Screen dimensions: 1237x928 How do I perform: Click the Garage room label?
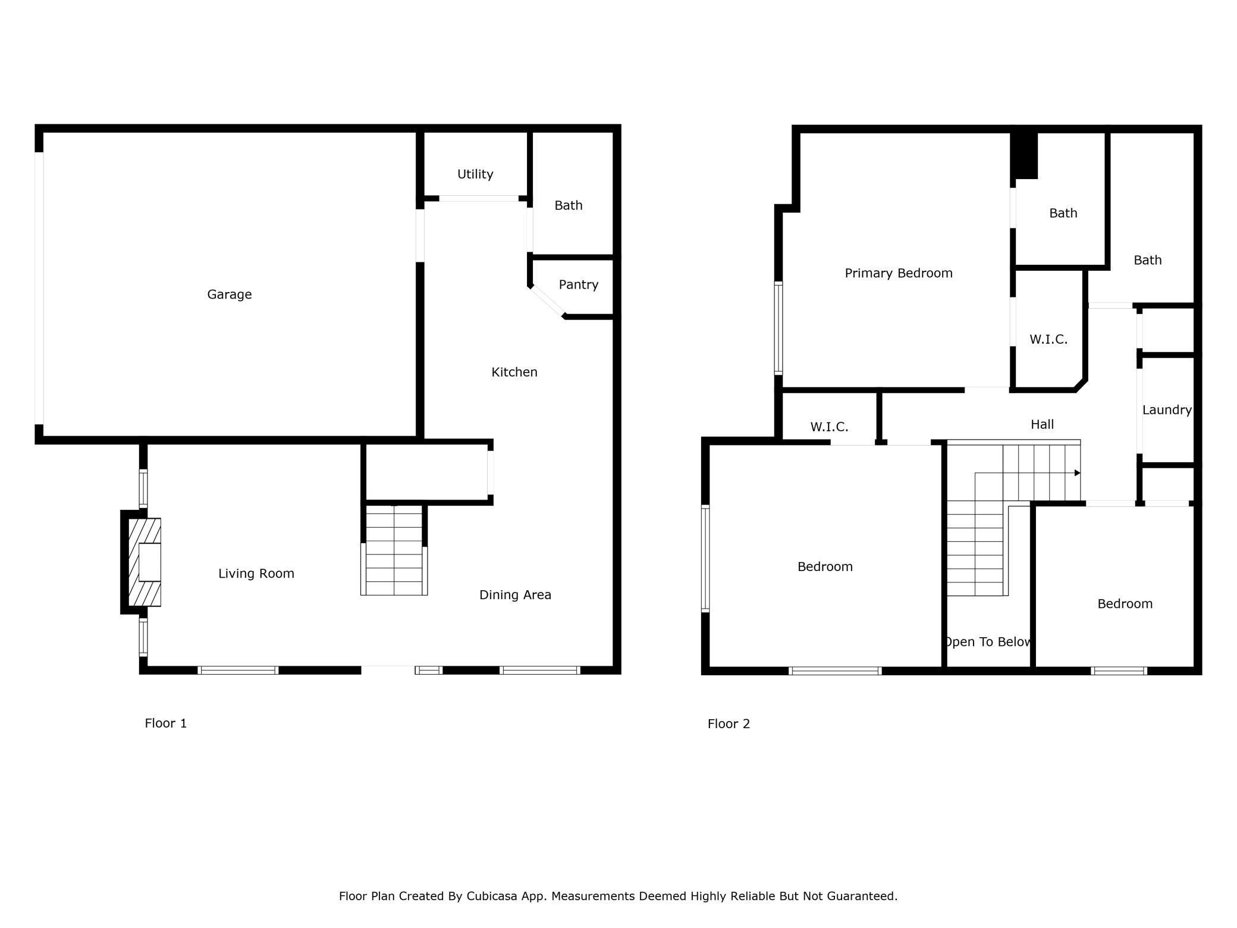(229, 294)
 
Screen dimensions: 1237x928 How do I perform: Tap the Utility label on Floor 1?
(475, 174)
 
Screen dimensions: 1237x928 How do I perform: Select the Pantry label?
(578, 285)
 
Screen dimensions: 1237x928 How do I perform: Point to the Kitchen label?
(514, 372)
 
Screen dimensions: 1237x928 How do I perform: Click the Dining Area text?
(515, 595)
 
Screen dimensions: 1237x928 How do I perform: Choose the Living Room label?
(256, 573)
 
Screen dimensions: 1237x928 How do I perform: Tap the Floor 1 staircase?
(394, 550)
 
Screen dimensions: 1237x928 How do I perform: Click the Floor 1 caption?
(166, 723)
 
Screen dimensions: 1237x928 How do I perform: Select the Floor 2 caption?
(729, 724)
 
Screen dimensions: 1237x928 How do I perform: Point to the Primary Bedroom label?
(899, 274)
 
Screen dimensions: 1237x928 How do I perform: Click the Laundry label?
(1167, 410)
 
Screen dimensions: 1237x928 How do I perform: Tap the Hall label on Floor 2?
(1042, 425)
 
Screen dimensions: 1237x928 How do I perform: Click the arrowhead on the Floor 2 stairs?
(1077, 473)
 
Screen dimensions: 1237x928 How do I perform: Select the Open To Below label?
(987, 642)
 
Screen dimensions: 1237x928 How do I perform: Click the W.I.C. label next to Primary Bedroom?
(1048, 340)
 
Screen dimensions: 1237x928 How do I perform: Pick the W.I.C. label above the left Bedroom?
(829, 427)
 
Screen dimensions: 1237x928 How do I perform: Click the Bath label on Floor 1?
(569, 206)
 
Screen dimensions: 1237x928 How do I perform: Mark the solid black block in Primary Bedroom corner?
(1025, 154)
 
